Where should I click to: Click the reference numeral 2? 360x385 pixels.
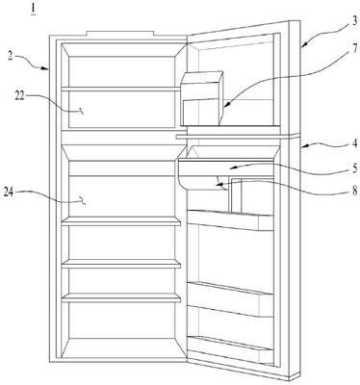[x=11, y=56]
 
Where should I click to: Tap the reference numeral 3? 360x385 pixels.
[x=353, y=20]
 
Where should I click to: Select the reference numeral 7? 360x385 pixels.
[x=354, y=50]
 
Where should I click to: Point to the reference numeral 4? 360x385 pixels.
[x=354, y=143]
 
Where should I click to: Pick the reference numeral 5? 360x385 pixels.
[x=355, y=168]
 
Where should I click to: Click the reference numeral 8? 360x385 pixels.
[x=354, y=191]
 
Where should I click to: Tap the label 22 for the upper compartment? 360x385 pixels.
[x=20, y=96]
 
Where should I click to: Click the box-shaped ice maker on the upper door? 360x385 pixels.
[x=202, y=98]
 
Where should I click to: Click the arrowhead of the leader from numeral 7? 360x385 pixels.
[x=226, y=104]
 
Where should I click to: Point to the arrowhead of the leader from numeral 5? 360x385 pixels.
[x=234, y=167]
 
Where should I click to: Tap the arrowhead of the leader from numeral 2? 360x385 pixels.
[x=46, y=67]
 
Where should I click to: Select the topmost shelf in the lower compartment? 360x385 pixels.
[x=121, y=221]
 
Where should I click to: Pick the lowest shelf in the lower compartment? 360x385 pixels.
[x=121, y=298]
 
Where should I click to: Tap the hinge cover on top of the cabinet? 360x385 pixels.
[x=120, y=34]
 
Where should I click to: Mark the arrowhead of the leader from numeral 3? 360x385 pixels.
[x=303, y=45]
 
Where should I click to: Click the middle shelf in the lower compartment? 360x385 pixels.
[x=121, y=264]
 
